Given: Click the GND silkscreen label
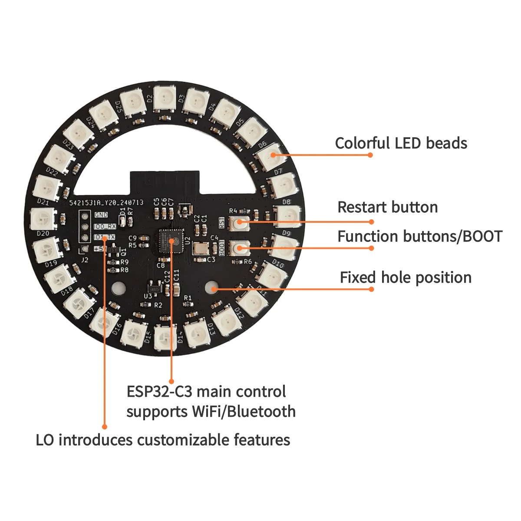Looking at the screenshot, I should tap(101, 215).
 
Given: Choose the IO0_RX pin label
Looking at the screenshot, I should tap(105, 226).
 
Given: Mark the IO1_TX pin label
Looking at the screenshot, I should tap(105, 237).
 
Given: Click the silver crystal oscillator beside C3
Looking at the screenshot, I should tap(201, 249).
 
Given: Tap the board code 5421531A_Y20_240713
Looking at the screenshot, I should tap(106, 202).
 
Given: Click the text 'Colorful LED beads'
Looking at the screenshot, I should tap(401, 143).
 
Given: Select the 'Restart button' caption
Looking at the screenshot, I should tap(387, 207).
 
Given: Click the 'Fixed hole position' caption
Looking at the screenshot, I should tap(406, 277).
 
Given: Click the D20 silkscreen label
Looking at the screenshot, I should tap(43, 233).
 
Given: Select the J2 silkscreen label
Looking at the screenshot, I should tap(85, 260).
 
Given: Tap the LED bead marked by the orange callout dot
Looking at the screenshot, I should tap(272, 155).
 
